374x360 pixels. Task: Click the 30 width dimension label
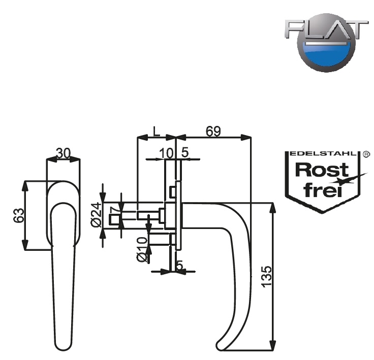pyautogui.click(x=63, y=153)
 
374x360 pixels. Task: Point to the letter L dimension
pyautogui.click(x=156, y=131)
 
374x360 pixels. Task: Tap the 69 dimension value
pyautogui.click(x=213, y=131)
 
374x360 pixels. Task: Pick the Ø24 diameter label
pyautogui.click(x=95, y=216)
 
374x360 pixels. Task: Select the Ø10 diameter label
pyautogui.click(x=142, y=249)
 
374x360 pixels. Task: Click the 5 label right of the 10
pyautogui.click(x=185, y=152)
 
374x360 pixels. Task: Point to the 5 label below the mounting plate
pyautogui.click(x=179, y=265)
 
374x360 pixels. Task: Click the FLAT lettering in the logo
pyautogui.click(x=326, y=30)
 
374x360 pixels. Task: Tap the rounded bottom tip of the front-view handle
pyautogui.click(x=61, y=345)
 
